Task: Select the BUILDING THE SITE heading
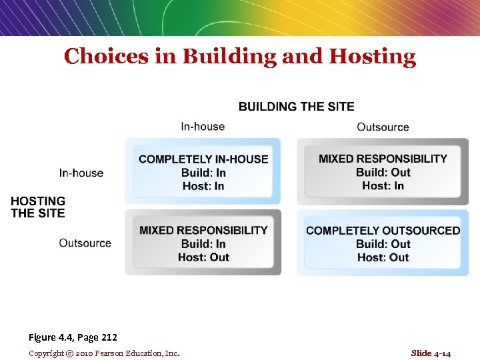click(297, 107)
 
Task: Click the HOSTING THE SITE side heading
click(38, 207)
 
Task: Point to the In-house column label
click(203, 127)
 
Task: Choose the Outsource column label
click(383, 127)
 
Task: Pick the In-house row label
click(81, 173)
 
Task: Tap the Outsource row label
click(85, 243)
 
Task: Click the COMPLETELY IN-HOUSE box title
click(203, 159)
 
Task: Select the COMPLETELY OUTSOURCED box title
click(383, 231)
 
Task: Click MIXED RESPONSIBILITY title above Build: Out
click(383, 159)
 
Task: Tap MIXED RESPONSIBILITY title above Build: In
click(203, 231)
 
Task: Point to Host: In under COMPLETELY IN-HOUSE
click(203, 186)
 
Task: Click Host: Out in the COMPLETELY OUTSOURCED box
click(383, 257)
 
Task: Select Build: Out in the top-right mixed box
click(383, 173)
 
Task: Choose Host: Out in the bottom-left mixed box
click(203, 257)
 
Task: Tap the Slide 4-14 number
click(431, 353)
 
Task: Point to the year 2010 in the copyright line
click(85, 353)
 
